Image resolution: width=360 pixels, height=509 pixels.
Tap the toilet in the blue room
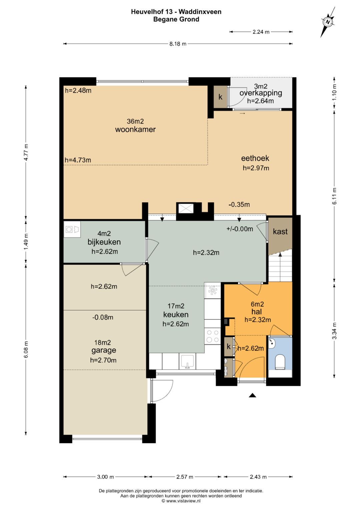click(x=280, y=362)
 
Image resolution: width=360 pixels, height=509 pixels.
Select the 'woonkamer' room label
click(x=135, y=130)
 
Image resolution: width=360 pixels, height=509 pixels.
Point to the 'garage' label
click(x=104, y=350)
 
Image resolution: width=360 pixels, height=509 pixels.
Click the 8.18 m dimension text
click(x=178, y=44)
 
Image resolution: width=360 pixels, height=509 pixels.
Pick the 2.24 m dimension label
click(x=261, y=32)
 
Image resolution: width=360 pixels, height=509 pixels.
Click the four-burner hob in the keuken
click(x=212, y=336)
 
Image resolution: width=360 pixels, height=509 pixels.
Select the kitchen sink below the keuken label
click(x=187, y=362)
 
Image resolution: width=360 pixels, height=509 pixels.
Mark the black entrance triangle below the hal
click(x=252, y=396)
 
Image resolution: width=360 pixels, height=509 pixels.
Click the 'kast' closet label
click(x=280, y=232)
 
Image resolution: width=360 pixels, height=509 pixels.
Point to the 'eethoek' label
click(x=255, y=158)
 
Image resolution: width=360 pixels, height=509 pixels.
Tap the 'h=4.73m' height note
click(x=78, y=160)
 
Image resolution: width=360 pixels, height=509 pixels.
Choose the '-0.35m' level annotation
click(x=239, y=205)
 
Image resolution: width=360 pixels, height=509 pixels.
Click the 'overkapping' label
click(x=261, y=93)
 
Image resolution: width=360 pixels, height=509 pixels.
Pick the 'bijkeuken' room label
click(x=104, y=242)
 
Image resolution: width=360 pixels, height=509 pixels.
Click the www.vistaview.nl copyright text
click(x=181, y=501)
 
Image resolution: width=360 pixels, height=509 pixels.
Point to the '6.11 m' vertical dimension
click(x=334, y=196)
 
